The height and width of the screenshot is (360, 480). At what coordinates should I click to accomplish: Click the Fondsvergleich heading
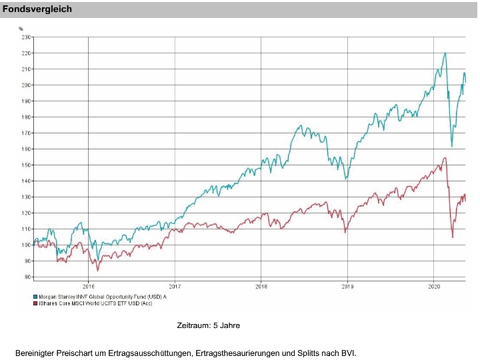point(37,9)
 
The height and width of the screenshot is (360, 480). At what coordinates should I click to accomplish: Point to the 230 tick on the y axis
point(26,37)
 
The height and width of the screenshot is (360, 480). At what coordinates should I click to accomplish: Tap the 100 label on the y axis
point(26,245)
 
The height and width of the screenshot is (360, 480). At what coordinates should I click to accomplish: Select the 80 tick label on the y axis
point(27,277)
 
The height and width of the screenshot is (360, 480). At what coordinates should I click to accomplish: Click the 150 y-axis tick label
point(26,165)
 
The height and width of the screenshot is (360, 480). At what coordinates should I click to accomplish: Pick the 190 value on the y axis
point(26,101)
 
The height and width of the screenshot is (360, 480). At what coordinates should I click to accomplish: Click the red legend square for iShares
point(35,303)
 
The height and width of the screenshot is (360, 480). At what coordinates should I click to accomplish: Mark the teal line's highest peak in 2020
point(445,53)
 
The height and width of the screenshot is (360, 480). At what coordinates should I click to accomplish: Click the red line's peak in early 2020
point(445,158)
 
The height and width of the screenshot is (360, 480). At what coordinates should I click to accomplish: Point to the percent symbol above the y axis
point(21,29)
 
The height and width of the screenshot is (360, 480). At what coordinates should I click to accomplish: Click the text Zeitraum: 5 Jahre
point(208,326)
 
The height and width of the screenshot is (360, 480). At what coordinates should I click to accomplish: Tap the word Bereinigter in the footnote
point(35,351)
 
